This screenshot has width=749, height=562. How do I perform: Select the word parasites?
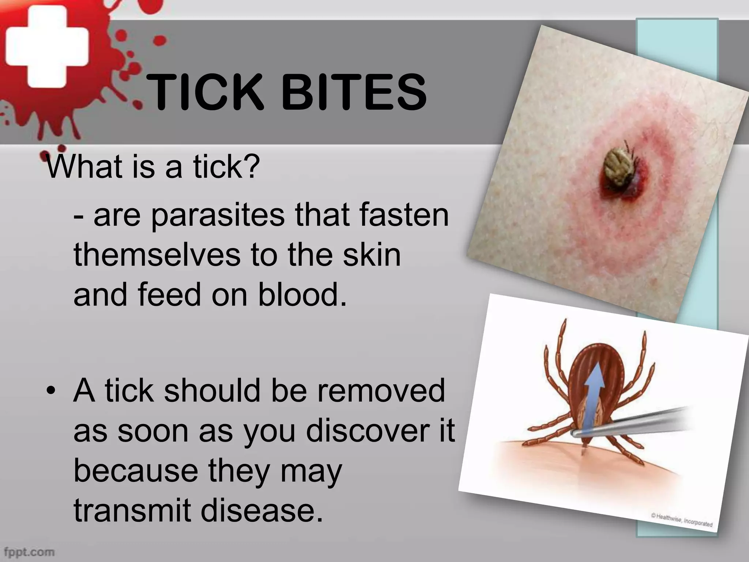tap(218, 216)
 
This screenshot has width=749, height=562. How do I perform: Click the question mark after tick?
tap(251, 166)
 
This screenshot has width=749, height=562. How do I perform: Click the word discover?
tap(368, 431)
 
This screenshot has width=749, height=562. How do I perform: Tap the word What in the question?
tap(84, 166)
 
